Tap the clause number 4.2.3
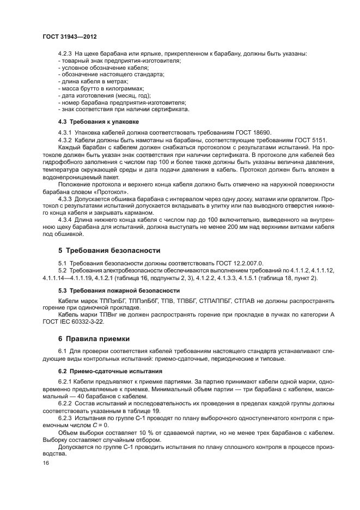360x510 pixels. (65, 53)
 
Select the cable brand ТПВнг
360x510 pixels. (101, 315)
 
